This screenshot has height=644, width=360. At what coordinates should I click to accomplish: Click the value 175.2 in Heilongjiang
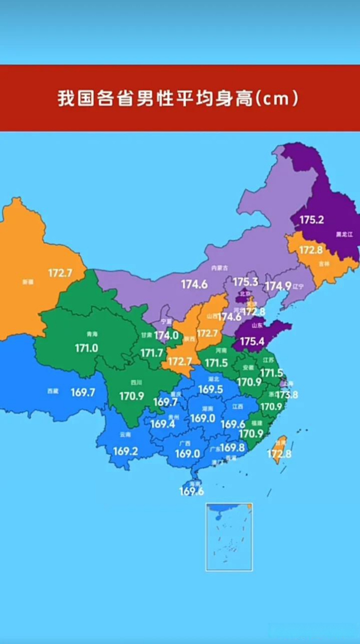(312, 219)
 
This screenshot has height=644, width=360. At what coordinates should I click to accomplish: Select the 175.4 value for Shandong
(252, 342)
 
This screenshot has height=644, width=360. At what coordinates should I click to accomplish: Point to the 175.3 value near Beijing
(245, 282)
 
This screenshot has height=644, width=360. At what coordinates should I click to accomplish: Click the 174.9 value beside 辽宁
(278, 286)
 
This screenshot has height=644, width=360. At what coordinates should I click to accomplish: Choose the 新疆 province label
(28, 282)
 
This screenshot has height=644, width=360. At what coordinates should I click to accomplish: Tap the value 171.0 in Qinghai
(86, 348)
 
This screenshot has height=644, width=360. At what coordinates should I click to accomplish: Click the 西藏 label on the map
(53, 391)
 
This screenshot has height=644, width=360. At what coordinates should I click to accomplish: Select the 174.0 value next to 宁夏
(166, 335)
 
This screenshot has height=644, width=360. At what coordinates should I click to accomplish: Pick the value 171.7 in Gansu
(151, 353)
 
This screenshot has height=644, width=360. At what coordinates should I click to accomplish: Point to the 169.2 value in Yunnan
(125, 451)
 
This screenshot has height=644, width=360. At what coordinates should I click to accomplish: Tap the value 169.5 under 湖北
(211, 389)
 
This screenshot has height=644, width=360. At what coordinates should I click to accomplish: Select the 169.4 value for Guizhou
(163, 424)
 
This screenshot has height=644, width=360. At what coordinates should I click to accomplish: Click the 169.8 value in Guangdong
(232, 447)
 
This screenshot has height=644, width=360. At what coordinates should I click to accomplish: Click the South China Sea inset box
(229, 537)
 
